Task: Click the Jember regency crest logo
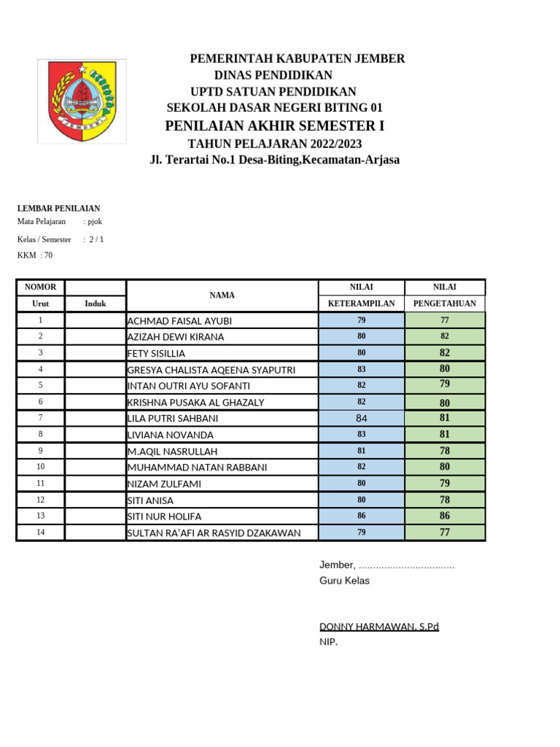(x=82, y=102)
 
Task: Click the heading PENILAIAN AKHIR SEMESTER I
(x=274, y=126)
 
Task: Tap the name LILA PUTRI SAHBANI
(x=173, y=419)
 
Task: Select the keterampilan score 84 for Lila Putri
(x=362, y=418)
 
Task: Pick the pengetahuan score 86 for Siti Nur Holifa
(x=444, y=516)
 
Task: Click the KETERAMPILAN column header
(x=362, y=303)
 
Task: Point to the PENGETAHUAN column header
(x=444, y=303)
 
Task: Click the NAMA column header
(x=222, y=295)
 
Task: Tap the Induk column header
(x=95, y=303)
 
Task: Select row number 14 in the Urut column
(x=40, y=533)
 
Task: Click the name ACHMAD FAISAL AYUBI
(x=179, y=321)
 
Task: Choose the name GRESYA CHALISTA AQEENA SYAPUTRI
(x=211, y=370)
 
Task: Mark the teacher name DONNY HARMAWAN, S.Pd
(x=379, y=627)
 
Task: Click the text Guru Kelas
(x=344, y=581)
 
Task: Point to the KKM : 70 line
(x=35, y=255)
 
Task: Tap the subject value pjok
(x=94, y=221)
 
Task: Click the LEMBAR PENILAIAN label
(x=58, y=209)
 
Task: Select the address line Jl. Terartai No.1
(x=274, y=160)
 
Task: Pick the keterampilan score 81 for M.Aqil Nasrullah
(x=362, y=451)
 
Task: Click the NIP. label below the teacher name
(x=328, y=642)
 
